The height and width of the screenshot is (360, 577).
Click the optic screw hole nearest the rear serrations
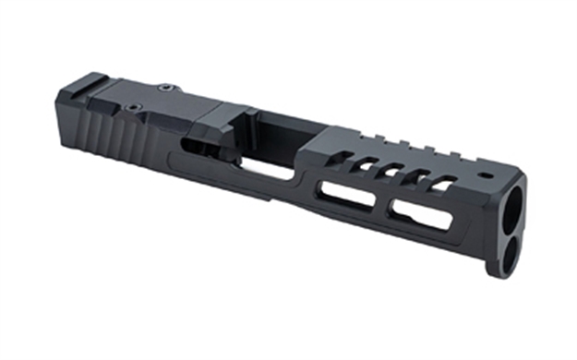click(135, 107)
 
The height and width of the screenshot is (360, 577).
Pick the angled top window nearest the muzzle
click(445, 184)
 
